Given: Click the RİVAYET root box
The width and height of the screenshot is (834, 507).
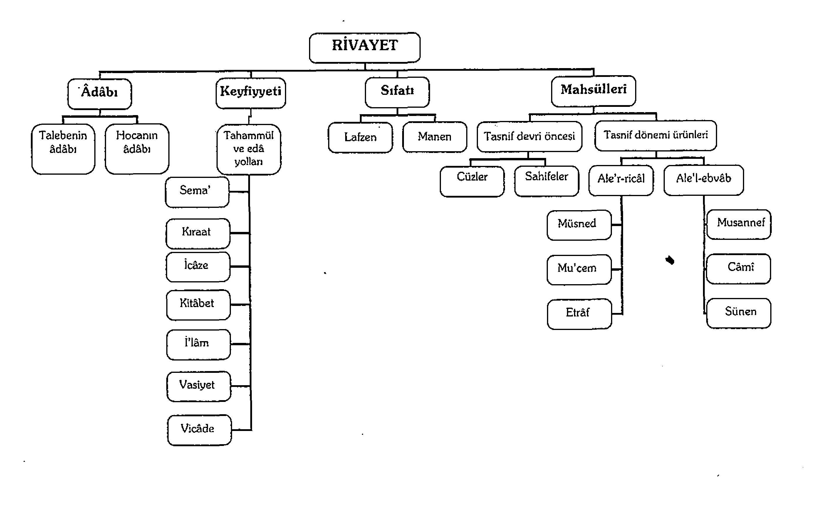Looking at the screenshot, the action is tap(365, 48).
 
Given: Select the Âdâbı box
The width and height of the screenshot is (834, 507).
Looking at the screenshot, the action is tap(100, 94).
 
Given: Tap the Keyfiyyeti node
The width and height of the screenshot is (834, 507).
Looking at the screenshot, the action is tap(251, 93).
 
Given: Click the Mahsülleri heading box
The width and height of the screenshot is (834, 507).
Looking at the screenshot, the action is tap(593, 91).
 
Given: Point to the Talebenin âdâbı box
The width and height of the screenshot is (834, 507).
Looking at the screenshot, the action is tap(63, 149).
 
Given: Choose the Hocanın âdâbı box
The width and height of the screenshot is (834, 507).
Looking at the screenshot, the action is tap(137, 149).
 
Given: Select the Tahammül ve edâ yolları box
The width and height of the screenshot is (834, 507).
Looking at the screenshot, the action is tap(249, 149).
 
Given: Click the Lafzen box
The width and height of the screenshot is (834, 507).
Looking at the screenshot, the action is tap(360, 137).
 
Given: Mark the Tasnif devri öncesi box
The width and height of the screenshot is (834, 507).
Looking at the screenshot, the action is tap(529, 136).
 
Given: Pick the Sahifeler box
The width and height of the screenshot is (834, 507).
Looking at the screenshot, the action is tap(547, 181).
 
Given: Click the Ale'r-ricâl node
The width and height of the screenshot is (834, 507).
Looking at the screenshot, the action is tap(621, 180).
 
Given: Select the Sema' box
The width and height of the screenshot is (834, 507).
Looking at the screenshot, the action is tap(197, 192).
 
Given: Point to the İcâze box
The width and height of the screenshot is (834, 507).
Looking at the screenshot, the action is tap(198, 267).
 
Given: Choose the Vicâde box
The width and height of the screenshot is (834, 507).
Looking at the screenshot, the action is tap(199, 430).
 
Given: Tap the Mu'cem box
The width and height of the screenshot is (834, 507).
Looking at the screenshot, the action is tap(579, 270).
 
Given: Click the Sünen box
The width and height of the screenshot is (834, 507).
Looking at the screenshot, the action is tap(739, 313).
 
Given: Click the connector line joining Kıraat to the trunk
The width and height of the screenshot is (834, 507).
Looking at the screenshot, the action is tap(240, 233).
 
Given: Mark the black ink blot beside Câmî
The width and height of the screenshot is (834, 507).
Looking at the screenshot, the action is tap(670, 260).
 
